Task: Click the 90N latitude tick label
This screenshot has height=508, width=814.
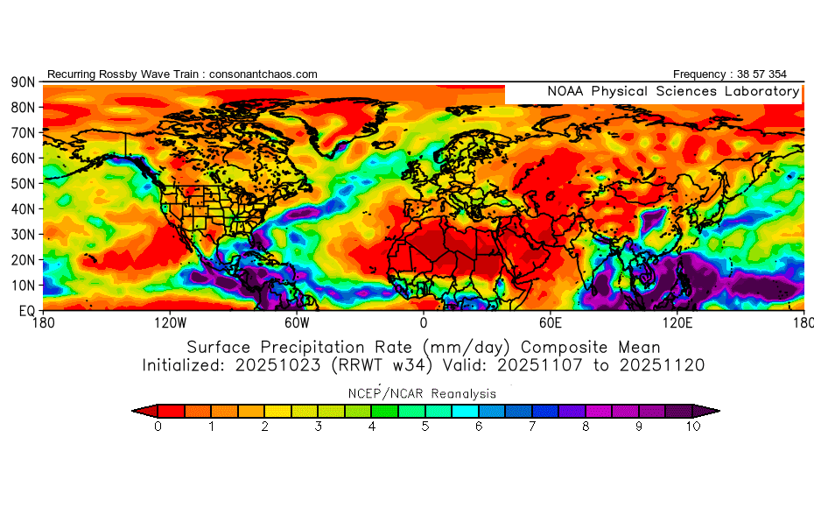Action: (x=22, y=81)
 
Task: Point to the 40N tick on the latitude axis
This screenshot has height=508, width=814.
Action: (x=22, y=208)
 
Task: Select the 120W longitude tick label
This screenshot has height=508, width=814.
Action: (x=169, y=322)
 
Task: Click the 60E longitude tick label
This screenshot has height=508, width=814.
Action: (x=550, y=322)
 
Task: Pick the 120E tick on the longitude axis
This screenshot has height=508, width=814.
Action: (x=677, y=322)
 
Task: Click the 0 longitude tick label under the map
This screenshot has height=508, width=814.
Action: (x=424, y=322)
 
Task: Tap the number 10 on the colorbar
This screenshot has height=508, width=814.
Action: (x=693, y=427)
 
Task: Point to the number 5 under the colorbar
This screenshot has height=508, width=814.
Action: (x=425, y=427)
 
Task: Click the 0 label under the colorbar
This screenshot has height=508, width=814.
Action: (x=158, y=427)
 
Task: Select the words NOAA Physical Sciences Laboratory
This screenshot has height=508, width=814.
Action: (x=673, y=91)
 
